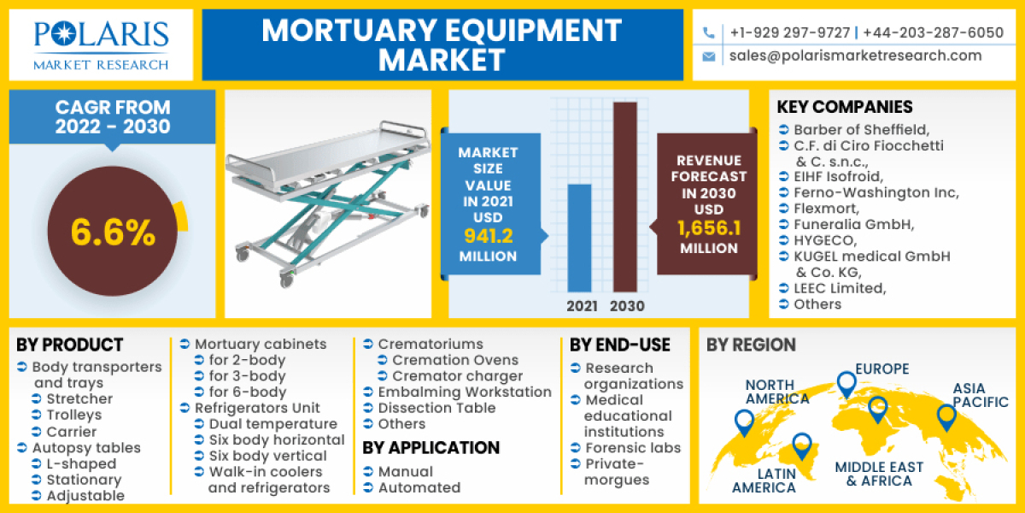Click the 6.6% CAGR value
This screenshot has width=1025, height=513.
[x=113, y=233]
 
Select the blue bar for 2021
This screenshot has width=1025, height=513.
[x=579, y=237]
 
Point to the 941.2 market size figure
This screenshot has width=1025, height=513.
[x=488, y=236]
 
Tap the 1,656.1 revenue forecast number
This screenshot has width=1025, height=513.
[x=707, y=228]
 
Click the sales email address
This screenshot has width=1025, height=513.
[x=855, y=56]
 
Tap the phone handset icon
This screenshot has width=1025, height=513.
[x=708, y=33]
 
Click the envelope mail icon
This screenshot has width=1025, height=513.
[x=708, y=56]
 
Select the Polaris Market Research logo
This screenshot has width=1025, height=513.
[x=101, y=44]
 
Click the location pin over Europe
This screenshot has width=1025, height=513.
[x=846, y=383]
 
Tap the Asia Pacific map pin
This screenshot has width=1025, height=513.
[x=945, y=416]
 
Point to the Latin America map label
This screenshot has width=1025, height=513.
[x=764, y=481]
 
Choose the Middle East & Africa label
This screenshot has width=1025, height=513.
[x=879, y=474]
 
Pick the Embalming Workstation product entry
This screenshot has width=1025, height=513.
[x=465, y=392]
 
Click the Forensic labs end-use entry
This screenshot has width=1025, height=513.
[x=632, y=447]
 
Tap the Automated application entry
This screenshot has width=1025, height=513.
[x=419, y=487]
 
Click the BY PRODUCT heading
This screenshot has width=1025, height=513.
[x=70, y=345]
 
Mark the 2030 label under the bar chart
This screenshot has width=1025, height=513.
[x=627, y=306]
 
